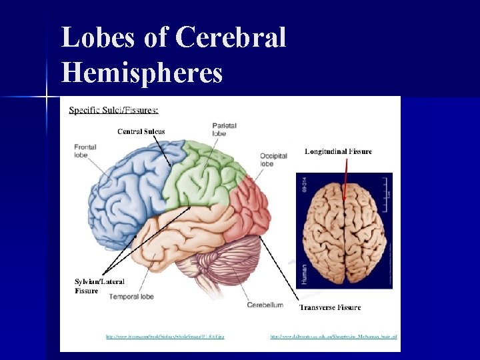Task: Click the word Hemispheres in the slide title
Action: [x=142, y=72]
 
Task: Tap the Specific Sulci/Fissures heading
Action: [x=114, y=109]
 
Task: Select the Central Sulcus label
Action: [x=141, y=131]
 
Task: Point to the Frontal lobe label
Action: [x=85, y=151]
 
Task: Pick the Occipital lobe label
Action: [x=273, y=159]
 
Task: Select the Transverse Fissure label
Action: [x=330, y=307]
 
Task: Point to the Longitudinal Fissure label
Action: [x=339, y=151]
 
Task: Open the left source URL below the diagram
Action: [x=165, y=337]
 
